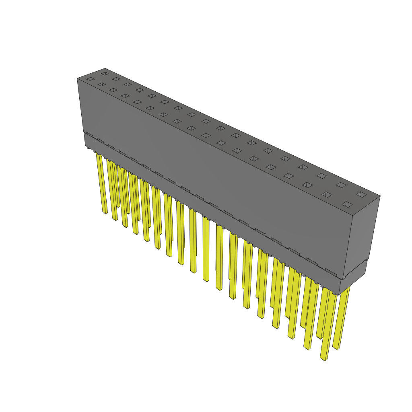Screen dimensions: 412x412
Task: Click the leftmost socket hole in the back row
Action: click(x=105, y=74)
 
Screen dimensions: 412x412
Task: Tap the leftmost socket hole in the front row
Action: click(x=90, y=79)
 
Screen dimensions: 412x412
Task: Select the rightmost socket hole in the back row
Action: click(x=361, y=194)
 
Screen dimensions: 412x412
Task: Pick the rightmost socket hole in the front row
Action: click(x=347, y=204)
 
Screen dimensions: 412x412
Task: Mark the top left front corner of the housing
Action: click(x=77, y=79)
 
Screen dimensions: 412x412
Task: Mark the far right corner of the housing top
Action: click(x=380, y=196)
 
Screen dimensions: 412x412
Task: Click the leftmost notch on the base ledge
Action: click(x=90, y=134)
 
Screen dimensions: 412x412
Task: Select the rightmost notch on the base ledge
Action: click(x=331, y=271)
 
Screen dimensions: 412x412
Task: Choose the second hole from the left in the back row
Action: click(x=116, y=79)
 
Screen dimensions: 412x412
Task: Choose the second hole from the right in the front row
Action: click(x=327, y=194)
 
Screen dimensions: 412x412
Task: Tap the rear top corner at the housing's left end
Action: click(x=105, y=68)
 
